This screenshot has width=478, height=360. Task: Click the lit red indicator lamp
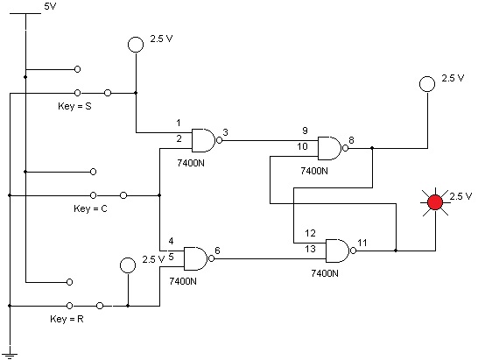435,202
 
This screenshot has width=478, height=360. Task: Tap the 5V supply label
50,6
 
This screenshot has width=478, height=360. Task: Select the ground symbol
10,356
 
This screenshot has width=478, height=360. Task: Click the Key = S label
74,106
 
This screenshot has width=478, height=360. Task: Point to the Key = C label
90,208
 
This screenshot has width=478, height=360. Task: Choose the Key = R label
67,319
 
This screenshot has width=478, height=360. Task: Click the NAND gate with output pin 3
207,140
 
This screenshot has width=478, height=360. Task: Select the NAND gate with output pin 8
333,148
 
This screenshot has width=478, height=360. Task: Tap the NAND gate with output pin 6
199,258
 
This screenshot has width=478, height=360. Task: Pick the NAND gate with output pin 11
341,251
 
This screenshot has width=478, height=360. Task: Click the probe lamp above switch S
136,45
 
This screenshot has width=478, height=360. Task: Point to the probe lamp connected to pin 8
427,84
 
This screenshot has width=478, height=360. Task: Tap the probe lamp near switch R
128,265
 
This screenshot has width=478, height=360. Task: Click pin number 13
310,249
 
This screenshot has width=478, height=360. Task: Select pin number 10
302,146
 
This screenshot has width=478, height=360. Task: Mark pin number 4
171,241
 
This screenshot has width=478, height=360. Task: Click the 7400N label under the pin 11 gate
325,273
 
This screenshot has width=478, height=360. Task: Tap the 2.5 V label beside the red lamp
460,196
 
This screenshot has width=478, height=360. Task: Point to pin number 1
179,123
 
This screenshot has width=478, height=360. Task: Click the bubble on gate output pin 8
345,148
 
